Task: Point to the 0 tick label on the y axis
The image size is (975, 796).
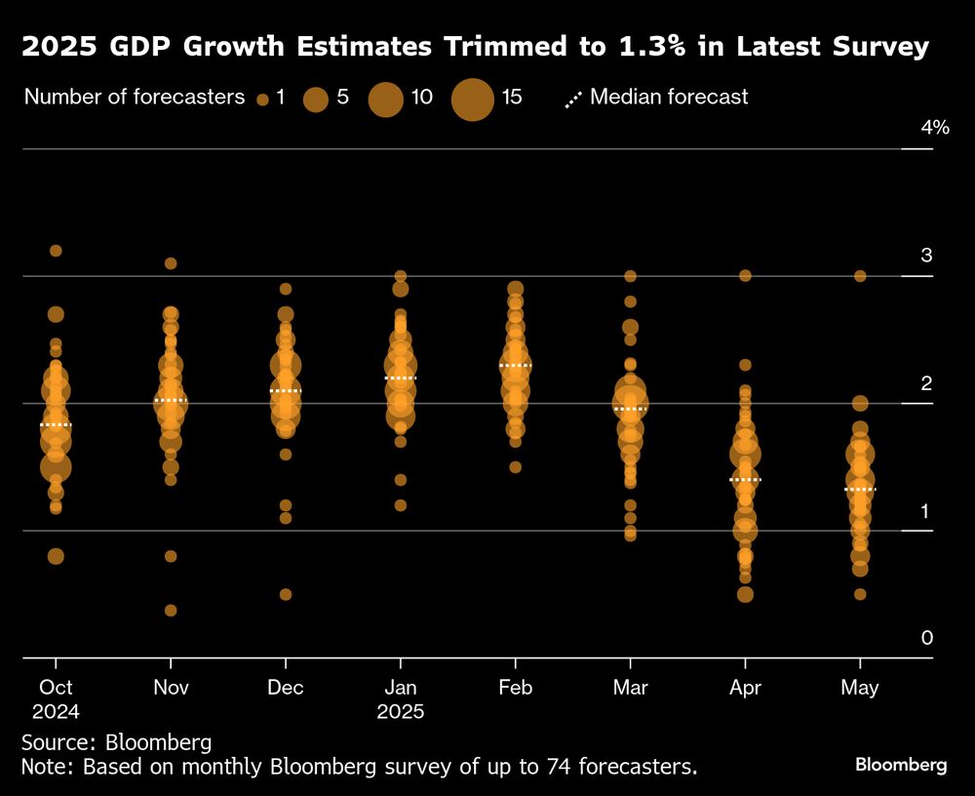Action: [x=927, y=638]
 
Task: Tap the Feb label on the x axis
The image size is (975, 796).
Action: [x=515, y=688]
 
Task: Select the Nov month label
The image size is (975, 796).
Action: [x=172, y=688]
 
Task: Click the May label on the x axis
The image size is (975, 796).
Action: [x=859, y=688]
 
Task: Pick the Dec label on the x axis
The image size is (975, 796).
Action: [x=286, y=688]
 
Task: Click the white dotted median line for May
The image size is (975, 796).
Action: [x=860, y=489]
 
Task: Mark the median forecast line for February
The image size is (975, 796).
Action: [x=515, y=365]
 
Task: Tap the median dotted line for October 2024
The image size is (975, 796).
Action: [x=56, y=425]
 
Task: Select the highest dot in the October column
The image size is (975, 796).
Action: [x=56, y=251]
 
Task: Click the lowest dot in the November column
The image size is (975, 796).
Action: [x=171, y=611]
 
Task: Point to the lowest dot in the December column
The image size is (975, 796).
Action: [x=286, y=594]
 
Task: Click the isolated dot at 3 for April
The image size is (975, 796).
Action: [x=745, y=276]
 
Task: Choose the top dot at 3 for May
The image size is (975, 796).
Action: [x=860, y=276]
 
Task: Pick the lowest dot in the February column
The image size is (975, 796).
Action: [x=515, y=467]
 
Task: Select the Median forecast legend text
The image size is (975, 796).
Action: [x=669, y=97]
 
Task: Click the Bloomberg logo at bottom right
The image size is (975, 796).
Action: [x=900, y=765]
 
